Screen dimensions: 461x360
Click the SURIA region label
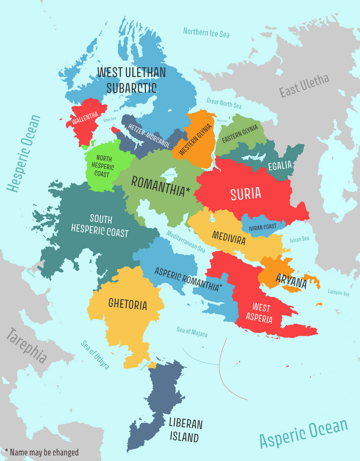246,194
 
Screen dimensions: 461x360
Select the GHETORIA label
128,305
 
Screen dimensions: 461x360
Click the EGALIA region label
279,166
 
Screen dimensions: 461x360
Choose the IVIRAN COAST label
262,226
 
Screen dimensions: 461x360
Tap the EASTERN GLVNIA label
239,133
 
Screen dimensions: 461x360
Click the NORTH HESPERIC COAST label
102,166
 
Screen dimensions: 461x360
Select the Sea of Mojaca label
192,332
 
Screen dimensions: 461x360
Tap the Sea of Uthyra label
95,355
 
